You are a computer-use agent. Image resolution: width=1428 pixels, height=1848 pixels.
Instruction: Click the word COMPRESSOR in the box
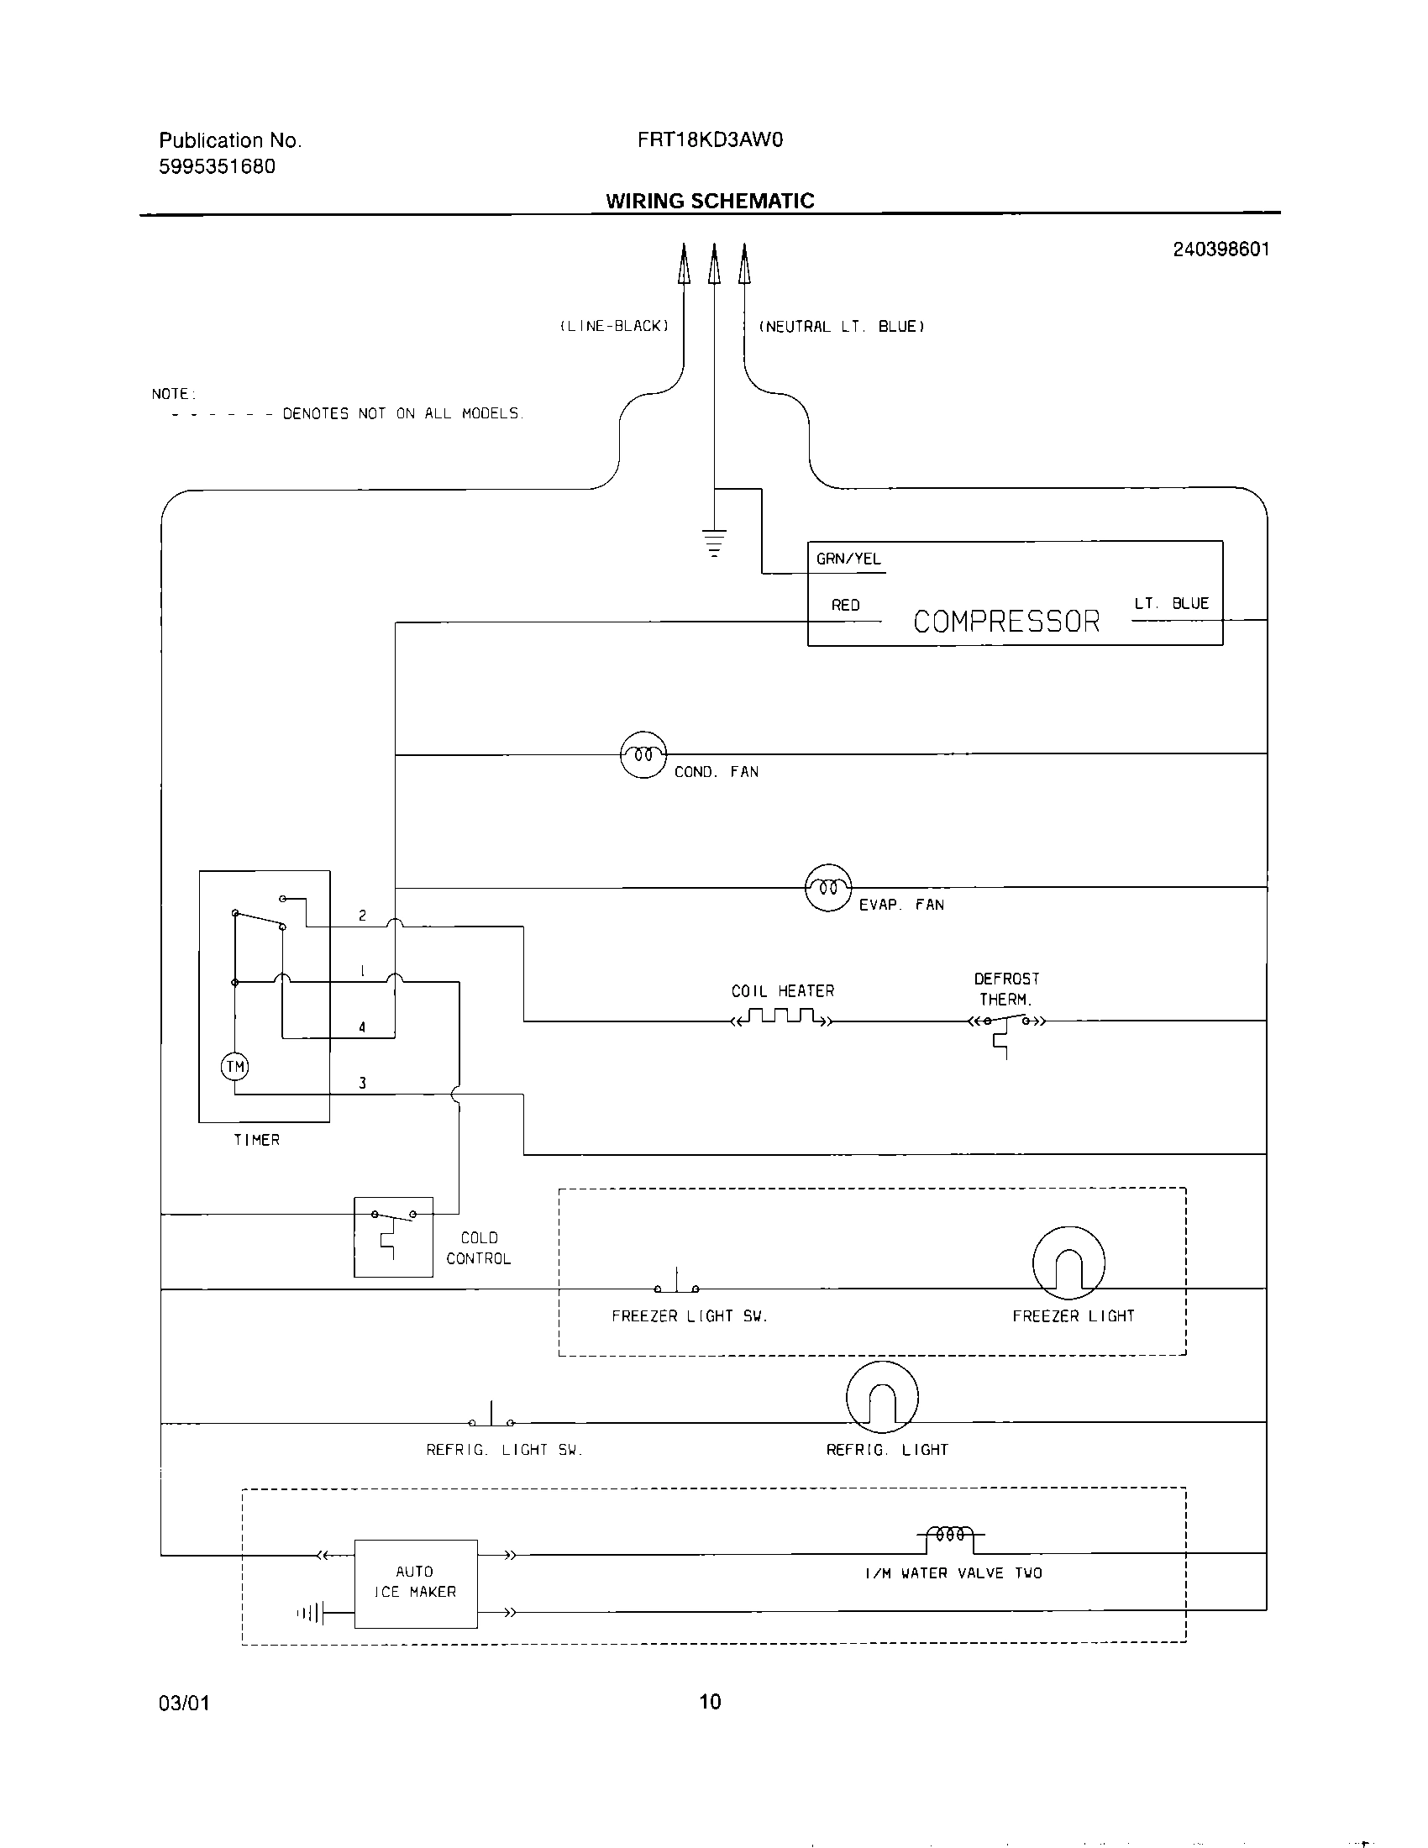[x=1005, y=622]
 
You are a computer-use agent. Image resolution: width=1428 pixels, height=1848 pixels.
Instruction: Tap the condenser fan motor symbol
[x=643, y=754]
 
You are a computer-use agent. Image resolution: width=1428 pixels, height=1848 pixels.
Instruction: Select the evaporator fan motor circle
[x=828, y=888]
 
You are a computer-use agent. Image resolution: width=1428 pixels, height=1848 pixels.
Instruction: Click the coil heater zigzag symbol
[x=783, y=1016]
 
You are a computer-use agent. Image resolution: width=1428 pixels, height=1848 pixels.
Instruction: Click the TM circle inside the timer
[x=235, y=1066]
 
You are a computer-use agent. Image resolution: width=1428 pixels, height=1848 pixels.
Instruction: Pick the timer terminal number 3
[x=362, y=1083]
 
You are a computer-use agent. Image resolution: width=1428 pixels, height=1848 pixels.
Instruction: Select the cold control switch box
[x=393, y=1236]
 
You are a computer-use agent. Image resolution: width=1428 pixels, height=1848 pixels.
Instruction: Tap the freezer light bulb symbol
[x=1068, y=1263]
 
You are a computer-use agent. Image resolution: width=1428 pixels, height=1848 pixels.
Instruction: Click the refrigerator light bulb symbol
[x=882, y=1396]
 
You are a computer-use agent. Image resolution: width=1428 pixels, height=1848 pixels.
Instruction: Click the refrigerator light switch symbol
[x=491, y=1417]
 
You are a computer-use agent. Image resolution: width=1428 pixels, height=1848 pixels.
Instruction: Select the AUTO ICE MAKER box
[x=415, y=1583]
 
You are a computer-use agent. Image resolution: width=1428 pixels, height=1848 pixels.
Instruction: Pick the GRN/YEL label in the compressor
[x=848, y=559]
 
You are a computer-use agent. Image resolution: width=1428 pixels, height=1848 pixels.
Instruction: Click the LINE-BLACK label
[x=615, y=327]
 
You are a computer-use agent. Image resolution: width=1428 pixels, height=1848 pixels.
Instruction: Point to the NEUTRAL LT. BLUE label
[x=841, y=327]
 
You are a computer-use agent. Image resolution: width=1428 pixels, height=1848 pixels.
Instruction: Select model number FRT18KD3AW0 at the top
[x=710, y=140]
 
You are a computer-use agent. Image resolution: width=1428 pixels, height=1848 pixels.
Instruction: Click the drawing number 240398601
[x=1221, y=249]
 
